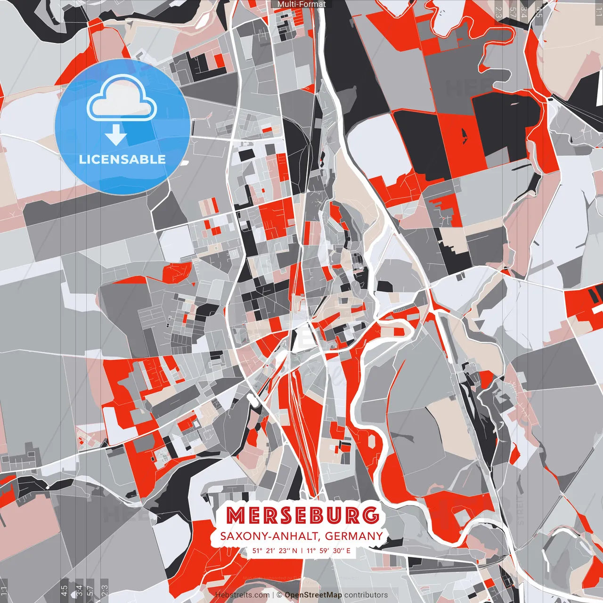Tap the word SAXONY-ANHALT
point(269,536)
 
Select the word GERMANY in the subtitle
point(354,536)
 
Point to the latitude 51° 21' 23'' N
point(275,550)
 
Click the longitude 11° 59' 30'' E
point(328,550)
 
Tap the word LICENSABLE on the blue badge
point(122,159)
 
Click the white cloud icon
point(122,100)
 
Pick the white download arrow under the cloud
point(116,136)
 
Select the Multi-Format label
point(301,4)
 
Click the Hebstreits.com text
point(243,595)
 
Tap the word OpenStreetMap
point(313,595)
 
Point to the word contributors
point(366,595)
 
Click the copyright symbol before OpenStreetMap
point(279,595)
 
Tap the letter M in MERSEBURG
point(235,515)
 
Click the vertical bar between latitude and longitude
point(302,550)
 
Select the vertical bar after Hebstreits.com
point(273,595)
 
